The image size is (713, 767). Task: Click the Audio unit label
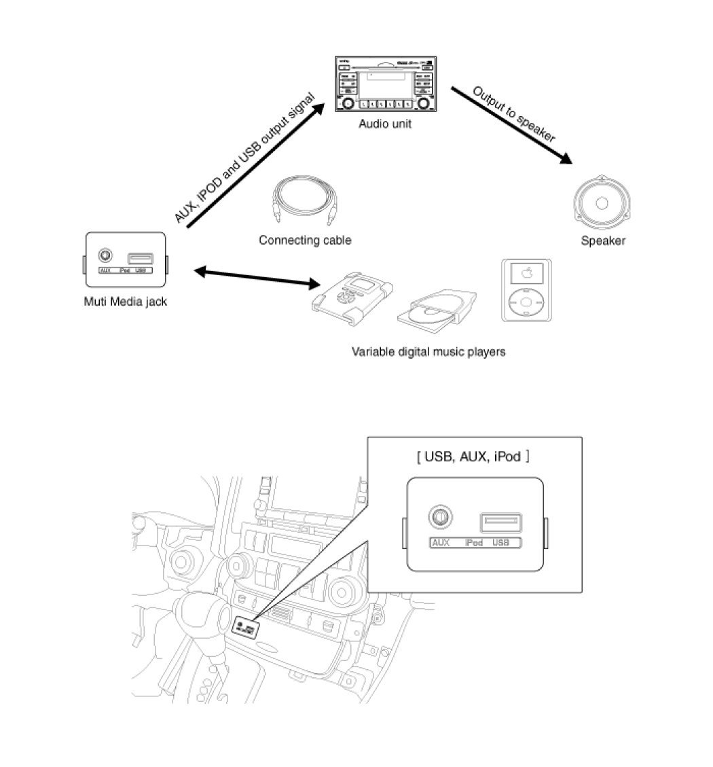385,124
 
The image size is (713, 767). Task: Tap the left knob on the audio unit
348,103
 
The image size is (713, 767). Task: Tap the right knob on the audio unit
424,103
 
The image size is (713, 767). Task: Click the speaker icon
602,203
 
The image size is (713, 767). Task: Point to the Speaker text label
603,240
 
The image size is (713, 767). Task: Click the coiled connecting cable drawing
303,203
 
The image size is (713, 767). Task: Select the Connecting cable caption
305,240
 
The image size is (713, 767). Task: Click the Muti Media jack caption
125,302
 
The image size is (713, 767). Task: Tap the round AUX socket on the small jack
105,256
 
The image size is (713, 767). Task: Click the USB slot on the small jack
140,258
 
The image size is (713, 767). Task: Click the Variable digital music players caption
428,352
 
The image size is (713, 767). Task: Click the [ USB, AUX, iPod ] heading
473,457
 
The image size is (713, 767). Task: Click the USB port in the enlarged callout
501,523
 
